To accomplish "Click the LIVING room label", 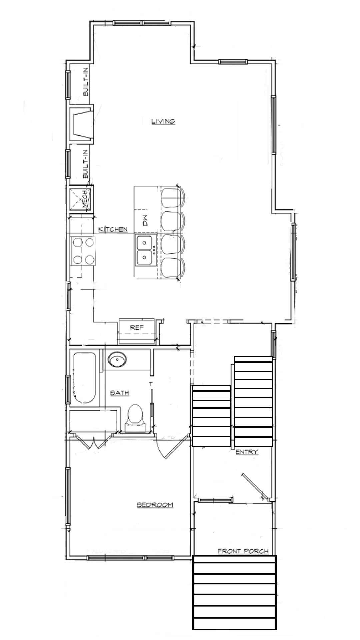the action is point(163,121).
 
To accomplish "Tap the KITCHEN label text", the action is point(113,229).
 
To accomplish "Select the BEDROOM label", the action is point(155,505).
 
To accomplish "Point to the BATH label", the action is point(120,393).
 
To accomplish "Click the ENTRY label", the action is point(247,452).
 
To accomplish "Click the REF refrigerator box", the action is point(137,331).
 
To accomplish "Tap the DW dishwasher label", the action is point(146,221).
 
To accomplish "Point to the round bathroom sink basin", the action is point(117,360).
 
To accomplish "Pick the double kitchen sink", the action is point(146,250).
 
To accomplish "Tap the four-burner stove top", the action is point(83,251).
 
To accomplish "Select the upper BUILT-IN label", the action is point(86,82).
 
